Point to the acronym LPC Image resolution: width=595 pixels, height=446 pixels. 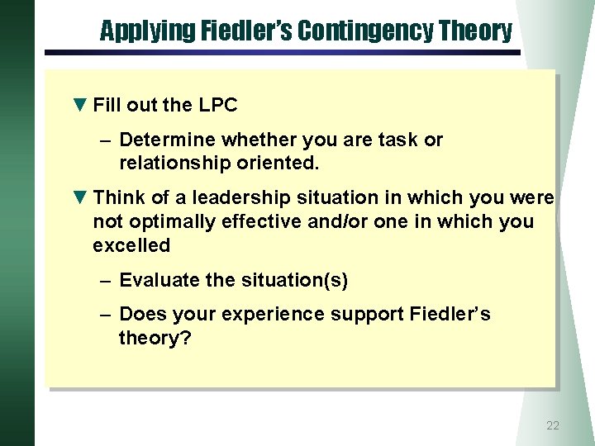218,105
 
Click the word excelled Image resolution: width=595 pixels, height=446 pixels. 131,245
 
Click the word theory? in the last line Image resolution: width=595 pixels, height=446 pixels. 155,338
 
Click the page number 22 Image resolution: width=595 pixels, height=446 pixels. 553,426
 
